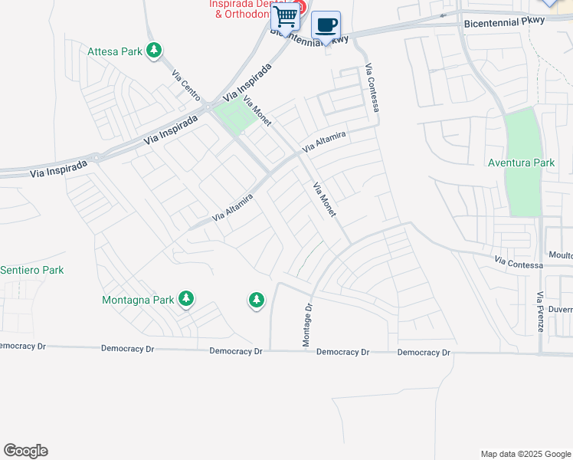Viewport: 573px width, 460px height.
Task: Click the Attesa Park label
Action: point(115,52)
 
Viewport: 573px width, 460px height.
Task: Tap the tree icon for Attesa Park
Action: point(155,51)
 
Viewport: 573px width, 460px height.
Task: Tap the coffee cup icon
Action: point(326,25)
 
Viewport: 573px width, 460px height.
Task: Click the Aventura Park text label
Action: point(521,163)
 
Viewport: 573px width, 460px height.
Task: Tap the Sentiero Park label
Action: point(31,270)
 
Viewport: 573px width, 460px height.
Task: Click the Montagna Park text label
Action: point(138,300)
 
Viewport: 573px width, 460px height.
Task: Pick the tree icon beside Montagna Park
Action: point(186,299)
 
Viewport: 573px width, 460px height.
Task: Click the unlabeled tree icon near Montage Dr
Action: point(256,301)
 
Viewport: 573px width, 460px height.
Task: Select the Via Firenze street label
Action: point(540,311)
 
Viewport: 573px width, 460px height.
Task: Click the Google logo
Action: point(25,451)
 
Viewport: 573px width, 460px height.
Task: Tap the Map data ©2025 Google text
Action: point(525,454)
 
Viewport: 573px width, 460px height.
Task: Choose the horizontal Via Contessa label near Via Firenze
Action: point(519,264)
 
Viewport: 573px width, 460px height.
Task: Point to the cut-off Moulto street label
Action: point(560,255)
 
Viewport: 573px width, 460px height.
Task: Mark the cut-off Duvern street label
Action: point(560,310)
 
